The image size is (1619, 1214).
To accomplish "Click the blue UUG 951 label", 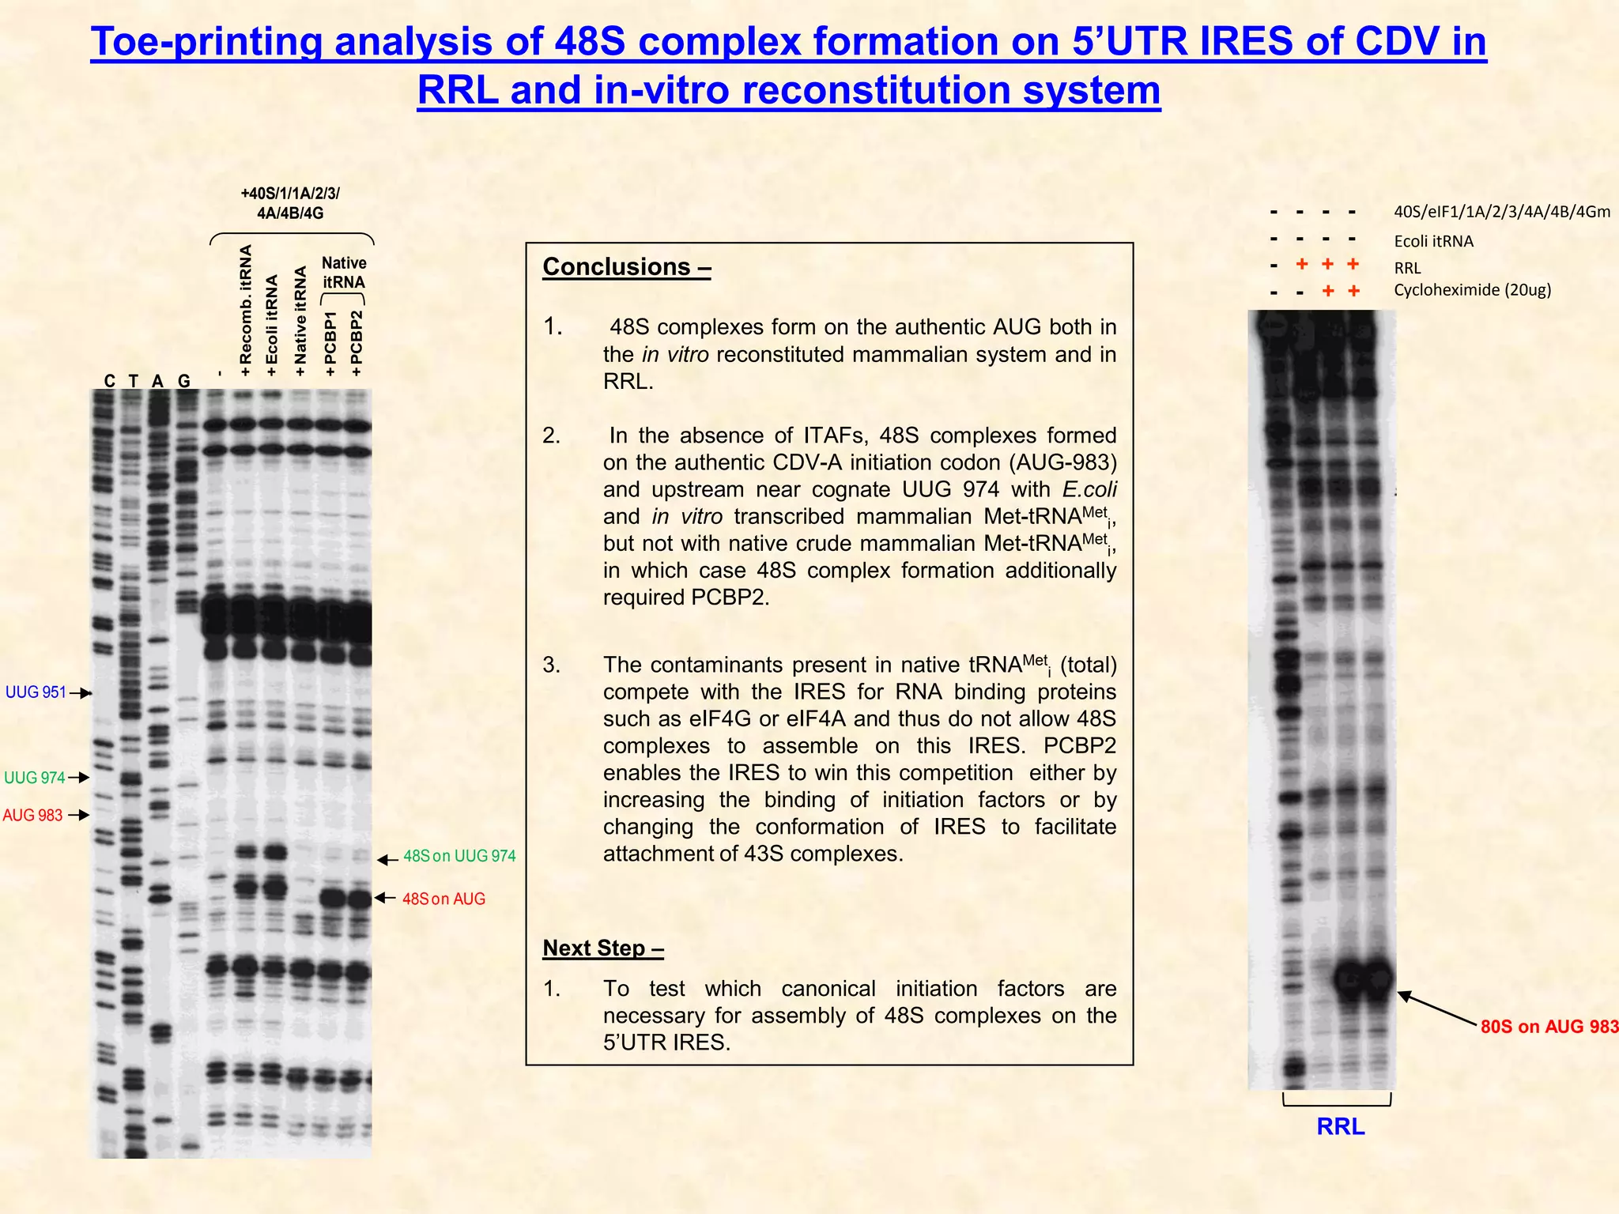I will pos(36,692).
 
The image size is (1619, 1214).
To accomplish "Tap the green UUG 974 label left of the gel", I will pos(35,778).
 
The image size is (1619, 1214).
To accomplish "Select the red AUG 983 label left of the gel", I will pos(32,815).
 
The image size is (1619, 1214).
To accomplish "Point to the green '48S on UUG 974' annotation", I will pos(459,856).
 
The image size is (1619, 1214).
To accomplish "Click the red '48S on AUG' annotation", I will pos(443,899).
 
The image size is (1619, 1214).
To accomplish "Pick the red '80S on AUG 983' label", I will pos(1549,1027).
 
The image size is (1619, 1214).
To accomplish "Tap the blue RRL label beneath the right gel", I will pos(1340,1126).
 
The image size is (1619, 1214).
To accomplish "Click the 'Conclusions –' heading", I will pos(626,267).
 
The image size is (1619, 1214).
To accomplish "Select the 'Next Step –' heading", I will pos(602,948).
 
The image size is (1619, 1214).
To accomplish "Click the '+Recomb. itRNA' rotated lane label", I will pos(246,310).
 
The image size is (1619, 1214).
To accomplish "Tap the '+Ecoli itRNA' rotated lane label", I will pos(272,325).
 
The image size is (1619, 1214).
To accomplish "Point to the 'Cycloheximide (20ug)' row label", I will pos(1472,290).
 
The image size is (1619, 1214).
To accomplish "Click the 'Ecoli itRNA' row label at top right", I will pos(1433,241).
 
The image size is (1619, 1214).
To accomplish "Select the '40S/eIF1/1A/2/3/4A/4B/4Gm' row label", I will pos(1501,212).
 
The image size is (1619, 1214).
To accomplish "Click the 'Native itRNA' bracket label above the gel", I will pos(344,272).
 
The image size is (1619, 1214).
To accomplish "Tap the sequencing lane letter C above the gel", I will pos(110,381).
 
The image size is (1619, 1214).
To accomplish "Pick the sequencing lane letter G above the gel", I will pos(184,381).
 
